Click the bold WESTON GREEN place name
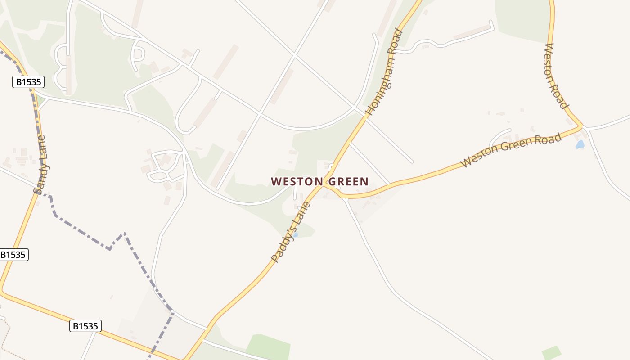pyautogui.click(x=319, y=182)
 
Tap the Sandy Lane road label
pyautogui.click(x=42, y=165)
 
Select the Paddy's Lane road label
pyautogui.click(x=291, y=232)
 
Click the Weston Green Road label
pyautogui.click(x=511, y=150)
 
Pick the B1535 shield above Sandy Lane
pyautogui.click(x=28, y=82)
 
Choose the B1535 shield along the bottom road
pyautogui.click(x=85, y=326)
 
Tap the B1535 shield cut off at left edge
pyautogui.click(x=13, y=255)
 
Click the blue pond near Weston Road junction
pyautogui.click(x=580, y=145)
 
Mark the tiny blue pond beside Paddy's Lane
pyautogui.click(x=296, y=235)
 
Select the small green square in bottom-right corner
pyautogui.click(x=552, y=353)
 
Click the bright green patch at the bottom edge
pyautogui.click(x=268, y=347)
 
